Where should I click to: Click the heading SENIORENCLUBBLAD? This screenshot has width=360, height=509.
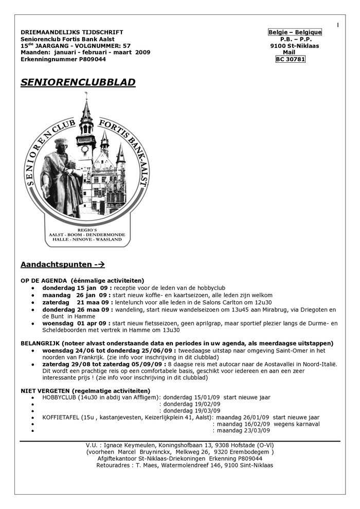[x=78, y=82]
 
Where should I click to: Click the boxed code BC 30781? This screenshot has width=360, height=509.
[x=291, y=59]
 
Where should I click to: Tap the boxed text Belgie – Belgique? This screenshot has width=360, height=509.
[x=295, y=32]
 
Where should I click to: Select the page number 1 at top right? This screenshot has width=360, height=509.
[x=337, y=25]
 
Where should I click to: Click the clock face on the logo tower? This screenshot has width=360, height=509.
[x=85, y=149]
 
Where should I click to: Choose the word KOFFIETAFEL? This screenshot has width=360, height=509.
[x=60, y=417]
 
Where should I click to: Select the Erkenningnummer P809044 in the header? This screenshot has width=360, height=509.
[x=63, y=59]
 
